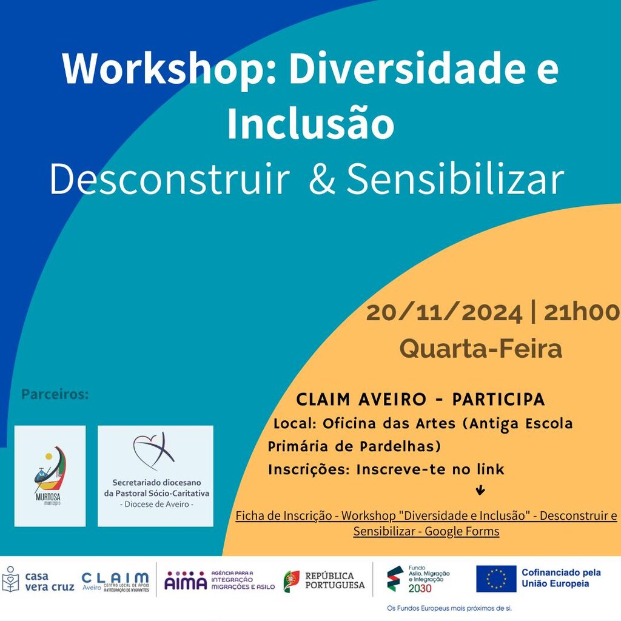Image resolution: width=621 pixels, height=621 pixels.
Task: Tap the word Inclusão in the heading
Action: [x=310, y=124]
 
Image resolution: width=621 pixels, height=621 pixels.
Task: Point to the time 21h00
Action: [x=582, y=313]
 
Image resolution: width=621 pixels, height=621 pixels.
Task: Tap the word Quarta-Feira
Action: [x=480, y=349]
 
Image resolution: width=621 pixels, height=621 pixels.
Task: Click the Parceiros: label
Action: [x=55, y=395]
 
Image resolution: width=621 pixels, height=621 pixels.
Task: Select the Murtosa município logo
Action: [x=50, y=475]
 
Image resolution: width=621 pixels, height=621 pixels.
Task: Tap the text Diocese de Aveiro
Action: [x=156, y=505]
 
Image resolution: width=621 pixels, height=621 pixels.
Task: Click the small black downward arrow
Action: [x=481, y=490]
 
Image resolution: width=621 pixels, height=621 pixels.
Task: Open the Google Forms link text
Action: [x=426, y=523]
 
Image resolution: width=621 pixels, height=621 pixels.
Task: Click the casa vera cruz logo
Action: [x=38, y=582]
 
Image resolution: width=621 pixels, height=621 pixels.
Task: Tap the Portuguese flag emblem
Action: [x=291, y=581]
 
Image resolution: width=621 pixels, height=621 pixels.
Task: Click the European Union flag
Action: [x=496, y=579]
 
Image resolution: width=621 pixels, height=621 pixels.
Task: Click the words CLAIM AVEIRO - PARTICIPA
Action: [x=420, y=400]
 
